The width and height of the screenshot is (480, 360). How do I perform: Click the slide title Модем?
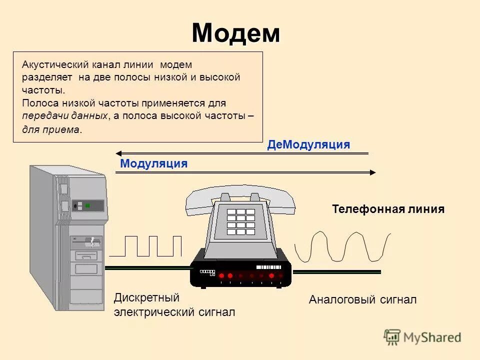click(235, 33)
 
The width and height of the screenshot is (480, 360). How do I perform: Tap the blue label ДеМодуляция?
click(308, 145)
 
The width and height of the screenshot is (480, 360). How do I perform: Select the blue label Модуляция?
click(154, 163)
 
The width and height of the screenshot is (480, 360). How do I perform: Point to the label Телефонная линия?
click(388, 209)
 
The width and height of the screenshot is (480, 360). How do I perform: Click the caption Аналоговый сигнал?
click(362, 300)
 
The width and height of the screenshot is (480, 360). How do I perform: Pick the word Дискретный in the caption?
click(146, 298)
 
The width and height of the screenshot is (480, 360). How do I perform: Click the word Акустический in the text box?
click(55, 65)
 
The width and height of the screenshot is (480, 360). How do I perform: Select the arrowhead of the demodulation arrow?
click(118, 153)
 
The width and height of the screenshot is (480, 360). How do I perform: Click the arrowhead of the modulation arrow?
click(372, 172)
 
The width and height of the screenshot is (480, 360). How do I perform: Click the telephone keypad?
click(240, 221)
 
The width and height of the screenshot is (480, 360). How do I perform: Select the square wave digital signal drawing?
click(145, 246)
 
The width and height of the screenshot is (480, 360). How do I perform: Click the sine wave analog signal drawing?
click(342, 246)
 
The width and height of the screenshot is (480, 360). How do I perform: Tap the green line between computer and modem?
click(147, 267)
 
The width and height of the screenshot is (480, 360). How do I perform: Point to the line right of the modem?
click(336, 272)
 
